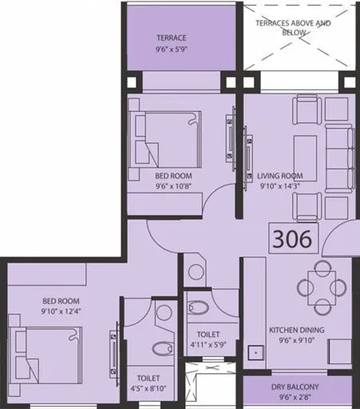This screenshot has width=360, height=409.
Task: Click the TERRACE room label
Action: pyautogui.click(x=171, y=37)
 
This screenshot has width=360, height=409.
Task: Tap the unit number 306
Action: pyautogui.click(x=295, y=238)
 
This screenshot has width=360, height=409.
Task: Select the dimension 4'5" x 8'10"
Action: pyautogui.click(x=148, y=390)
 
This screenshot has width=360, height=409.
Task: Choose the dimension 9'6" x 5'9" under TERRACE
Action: pyautogui.click(x=171, y=49)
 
